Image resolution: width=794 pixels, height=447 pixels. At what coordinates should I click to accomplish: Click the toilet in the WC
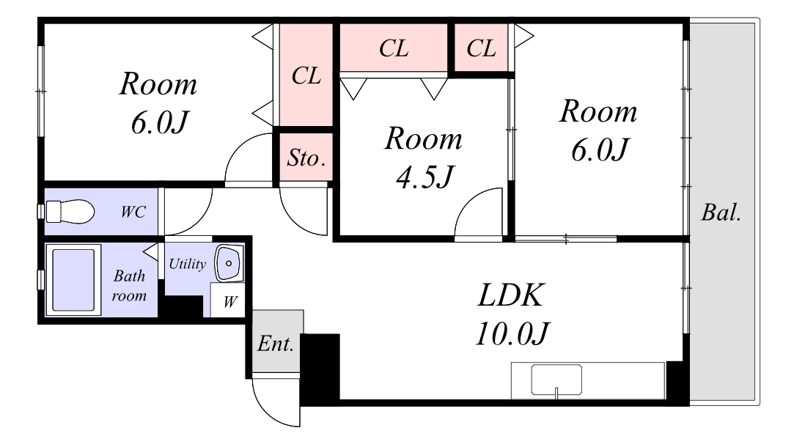click(70, 211)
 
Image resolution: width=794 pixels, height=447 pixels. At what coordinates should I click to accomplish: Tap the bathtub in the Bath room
click(73, 279)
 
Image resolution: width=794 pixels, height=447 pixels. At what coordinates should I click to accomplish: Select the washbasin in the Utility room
click(229, 263)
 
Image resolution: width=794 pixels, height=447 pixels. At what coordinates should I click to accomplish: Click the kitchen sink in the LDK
click(556, 380)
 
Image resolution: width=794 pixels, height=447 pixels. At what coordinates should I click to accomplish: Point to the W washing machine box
click(228, 300)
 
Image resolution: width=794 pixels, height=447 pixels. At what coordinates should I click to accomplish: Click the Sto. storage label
click(306, 158)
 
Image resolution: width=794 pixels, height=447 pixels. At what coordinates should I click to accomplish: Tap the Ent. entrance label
click(276, 344)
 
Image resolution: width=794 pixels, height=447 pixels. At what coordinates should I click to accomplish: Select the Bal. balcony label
click(721, 213)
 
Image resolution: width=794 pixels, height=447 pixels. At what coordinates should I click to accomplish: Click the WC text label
click(133, 212)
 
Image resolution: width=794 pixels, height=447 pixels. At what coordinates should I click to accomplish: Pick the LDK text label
click(510, 295)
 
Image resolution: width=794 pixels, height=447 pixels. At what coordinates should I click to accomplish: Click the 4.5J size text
click(424, 177)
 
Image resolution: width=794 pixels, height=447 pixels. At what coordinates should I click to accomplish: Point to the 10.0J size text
click(512, 333)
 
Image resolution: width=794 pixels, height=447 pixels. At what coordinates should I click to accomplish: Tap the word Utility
click(188, 264)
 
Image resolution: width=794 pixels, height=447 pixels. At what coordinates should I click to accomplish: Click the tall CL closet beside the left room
click(306, 75)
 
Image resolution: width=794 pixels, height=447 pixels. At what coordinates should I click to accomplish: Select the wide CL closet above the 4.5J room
click(394, 48)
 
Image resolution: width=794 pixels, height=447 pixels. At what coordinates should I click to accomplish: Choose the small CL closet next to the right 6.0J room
click(481, 48)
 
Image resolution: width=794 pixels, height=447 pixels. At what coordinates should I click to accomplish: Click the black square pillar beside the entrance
click(320, 368)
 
